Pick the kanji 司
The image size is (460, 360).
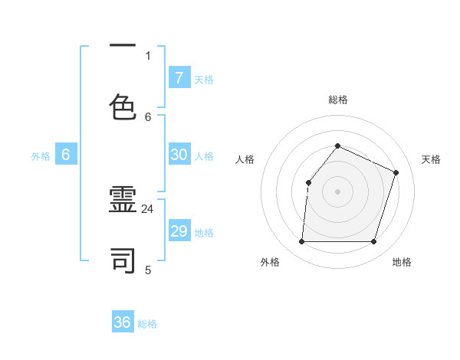tap(123, 260)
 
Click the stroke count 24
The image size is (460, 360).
tap(148, 208)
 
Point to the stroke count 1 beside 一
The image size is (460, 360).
tap(148, 55)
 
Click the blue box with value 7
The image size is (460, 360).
tap(179, 78)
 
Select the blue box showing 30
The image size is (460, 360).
tap(179, 155)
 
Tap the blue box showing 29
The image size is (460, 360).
tap(179, 231)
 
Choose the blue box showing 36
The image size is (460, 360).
tap(123, 322)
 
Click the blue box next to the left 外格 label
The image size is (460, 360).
tap(66, 155)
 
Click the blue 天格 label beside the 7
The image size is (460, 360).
tap(204, 79)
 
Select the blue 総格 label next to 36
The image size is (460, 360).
tap(147, 324)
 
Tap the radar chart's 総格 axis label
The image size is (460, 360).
tap(337, 100)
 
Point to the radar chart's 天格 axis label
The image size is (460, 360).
tap(431, 159)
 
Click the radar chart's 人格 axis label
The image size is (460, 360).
tap(245, 159)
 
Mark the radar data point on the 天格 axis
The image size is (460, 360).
tap(396, 172)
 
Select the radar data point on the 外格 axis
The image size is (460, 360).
tap(301, 242)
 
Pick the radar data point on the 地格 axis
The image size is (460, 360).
tap(374, 242)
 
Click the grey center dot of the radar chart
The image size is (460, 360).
tap(337, 191)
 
